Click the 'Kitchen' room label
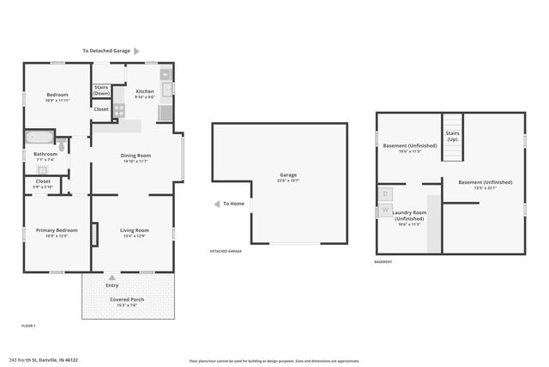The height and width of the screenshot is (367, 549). [145, 91]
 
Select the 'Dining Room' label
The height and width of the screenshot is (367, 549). [136, 154]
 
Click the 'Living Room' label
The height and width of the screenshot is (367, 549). [134, 230]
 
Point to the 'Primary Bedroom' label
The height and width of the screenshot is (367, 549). [57, 230]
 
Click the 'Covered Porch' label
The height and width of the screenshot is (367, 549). [126, 299]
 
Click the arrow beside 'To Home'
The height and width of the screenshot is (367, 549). [216, 204]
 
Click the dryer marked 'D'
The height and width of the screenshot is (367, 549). [385, 194]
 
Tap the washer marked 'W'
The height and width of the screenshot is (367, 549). [385, 210]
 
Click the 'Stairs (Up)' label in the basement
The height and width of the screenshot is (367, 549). [452, 136]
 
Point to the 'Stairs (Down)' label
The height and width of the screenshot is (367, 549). [101, 89]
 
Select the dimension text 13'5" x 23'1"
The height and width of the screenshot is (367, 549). [485, 188]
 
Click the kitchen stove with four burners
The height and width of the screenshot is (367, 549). [118, 110]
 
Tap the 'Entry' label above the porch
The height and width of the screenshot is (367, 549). [112, 285]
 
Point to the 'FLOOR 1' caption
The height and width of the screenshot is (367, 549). [28, 325]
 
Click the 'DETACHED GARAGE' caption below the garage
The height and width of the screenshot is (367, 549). [226, 251]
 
